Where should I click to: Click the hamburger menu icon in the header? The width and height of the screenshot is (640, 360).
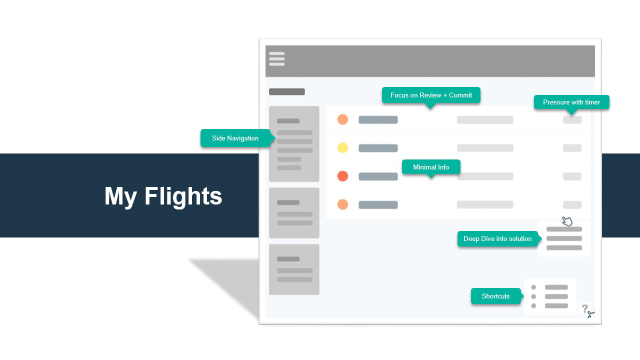(x=276, y=59)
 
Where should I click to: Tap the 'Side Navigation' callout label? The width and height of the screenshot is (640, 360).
(x=235, y=138)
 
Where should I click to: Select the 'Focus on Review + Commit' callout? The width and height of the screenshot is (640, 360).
(x=431, y=95)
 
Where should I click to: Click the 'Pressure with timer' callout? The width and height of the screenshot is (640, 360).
(x=571, y=102)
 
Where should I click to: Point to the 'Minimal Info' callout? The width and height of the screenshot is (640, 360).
(x=431, y=167)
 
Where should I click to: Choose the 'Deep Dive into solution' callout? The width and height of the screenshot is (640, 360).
(x=497, y=238)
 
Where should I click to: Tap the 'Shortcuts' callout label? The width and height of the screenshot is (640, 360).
(x=495, y=296)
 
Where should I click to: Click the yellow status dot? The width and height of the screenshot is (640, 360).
(x=342, y=147)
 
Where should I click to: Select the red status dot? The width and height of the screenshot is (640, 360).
(x=342, y=176)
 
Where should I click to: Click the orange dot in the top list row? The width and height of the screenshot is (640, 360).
(x=342, y=119)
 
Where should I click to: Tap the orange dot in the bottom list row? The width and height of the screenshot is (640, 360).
(x=342, y=204)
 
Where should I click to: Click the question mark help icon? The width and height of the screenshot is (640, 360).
(x=584, y=308)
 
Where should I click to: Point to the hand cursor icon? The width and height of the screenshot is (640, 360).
(x=567, y=221)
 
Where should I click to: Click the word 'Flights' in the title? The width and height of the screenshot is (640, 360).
(x=183, y=195)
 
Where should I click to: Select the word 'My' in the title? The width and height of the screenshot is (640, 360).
(x=120, y=195)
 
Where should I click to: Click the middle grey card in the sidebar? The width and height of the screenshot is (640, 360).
(x=294, y=212)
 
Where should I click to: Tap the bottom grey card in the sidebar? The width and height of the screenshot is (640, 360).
(x=294, y=269)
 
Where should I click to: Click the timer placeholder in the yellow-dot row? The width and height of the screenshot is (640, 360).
(x=572, y=148)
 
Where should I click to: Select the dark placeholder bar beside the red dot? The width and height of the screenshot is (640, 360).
(x=378, y=176)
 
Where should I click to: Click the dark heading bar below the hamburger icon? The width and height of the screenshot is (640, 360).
(x=287, y=91)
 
